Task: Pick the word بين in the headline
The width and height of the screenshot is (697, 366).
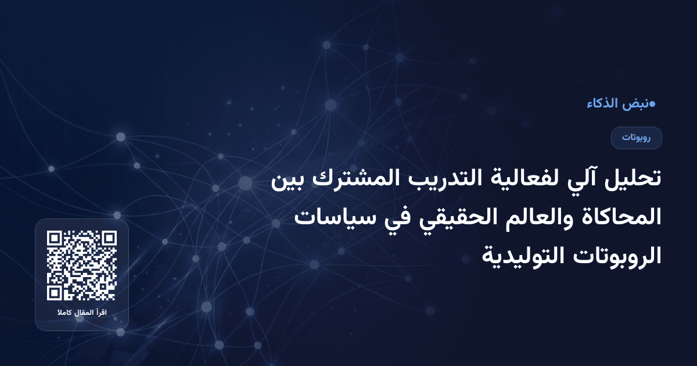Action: pos(288,180)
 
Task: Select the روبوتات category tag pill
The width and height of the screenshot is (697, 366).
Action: pos(636,138)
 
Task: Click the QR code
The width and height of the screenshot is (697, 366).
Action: pos(82,265)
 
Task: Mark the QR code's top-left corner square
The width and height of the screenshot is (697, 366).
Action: pos(55,239)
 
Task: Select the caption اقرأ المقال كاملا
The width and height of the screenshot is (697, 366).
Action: pos(82,314)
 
